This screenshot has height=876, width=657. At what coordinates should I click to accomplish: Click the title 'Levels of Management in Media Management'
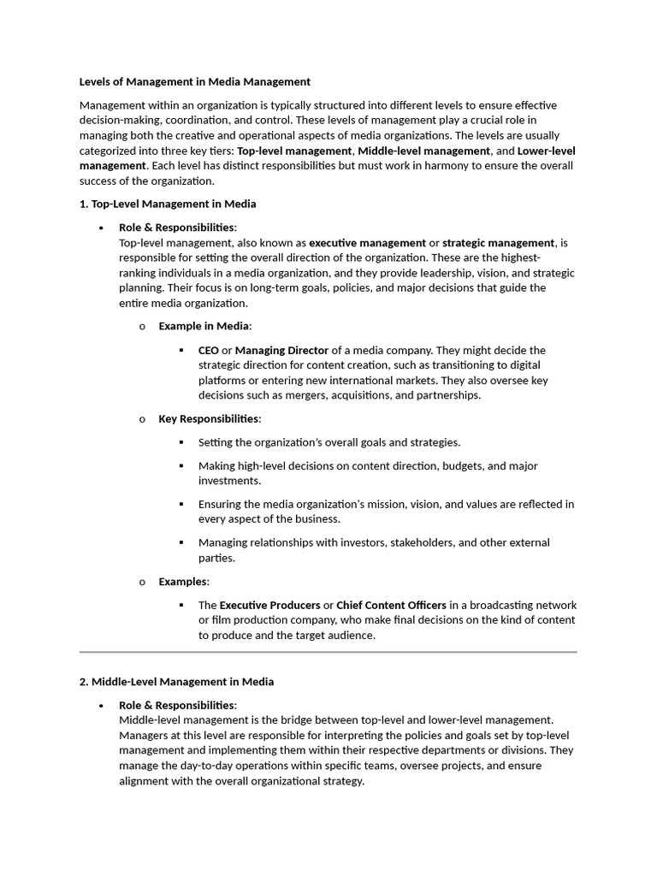coord(195,82)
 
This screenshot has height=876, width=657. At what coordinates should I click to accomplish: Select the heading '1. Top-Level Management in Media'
coord(168,204)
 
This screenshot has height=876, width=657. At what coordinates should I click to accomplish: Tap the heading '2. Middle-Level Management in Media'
coord(176,682)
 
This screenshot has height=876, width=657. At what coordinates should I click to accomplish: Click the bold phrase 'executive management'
coord(367,243)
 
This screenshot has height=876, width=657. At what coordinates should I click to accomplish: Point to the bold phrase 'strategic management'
coord(499,243)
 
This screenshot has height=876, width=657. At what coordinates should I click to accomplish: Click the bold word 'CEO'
coord(208,351)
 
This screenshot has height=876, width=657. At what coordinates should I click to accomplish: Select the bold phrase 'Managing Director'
coord(281,351)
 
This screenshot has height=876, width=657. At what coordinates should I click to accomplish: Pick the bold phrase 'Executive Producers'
coord(269,606)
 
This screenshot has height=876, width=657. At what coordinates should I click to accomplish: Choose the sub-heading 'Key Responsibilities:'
coord(210,419)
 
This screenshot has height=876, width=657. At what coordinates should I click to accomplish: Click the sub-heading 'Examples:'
coord(184,582)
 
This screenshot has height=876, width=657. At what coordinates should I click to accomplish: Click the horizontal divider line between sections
coord(328,653)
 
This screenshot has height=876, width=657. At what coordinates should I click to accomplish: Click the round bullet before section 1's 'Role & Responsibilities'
coord(102,228)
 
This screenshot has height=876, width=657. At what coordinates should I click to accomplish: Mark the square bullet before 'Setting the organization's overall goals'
coord(181,442)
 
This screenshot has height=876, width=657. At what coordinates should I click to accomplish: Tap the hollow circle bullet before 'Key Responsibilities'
coord(142,419)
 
